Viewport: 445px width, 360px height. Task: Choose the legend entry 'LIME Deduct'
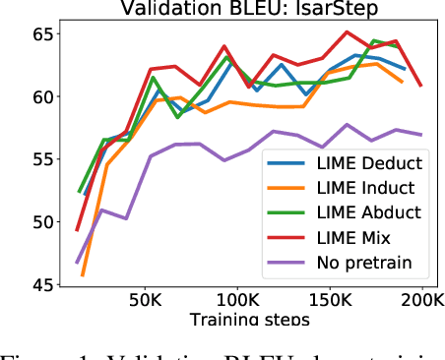(x=346, y=162)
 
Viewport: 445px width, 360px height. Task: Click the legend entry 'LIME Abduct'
(x=346, y=211)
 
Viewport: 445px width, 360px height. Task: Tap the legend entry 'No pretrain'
(x=344, y=262)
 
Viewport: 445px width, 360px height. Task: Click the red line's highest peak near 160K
(x=347, y=31)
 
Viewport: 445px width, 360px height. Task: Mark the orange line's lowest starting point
(x=83, y=275)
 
